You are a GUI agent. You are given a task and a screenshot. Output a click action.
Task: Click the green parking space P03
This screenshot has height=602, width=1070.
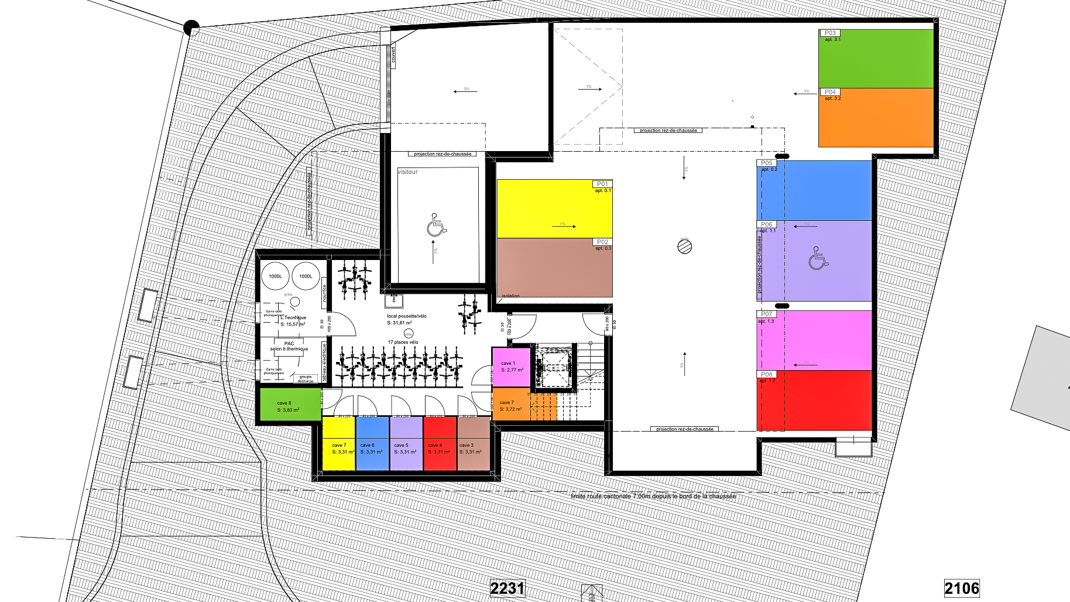tap(876, 59)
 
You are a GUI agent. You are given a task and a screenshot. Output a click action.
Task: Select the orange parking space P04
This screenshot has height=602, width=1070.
tap(876, 117)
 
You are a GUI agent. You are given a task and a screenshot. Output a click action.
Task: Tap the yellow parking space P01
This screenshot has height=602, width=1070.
tap(554, 209)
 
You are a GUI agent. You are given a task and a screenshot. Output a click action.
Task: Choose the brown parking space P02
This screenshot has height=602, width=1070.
tap(554, 268)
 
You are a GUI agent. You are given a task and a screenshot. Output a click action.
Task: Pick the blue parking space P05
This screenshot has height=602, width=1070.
tap(815, 191)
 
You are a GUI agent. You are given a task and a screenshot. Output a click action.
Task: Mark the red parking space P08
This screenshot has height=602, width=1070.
tap(815, 401)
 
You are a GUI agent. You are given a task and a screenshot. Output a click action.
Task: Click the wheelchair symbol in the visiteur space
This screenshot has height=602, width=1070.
tap(436, 225)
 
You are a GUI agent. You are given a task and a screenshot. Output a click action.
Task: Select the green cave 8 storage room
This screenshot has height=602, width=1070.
tap(290, 404)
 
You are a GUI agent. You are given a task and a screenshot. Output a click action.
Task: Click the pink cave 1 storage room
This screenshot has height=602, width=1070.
tap(512, 367)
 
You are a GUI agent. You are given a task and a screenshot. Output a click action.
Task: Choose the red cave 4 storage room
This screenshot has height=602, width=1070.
tap(440, 443)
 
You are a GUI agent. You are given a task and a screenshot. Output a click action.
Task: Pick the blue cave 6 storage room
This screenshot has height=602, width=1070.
tap(372, 443)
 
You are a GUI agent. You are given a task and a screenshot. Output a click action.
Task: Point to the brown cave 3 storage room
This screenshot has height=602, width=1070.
tap(473, 443)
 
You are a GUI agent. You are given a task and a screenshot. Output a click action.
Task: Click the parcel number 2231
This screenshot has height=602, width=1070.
tap(507, 588)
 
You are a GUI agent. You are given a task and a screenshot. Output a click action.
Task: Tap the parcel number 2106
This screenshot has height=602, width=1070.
tap(961, 588)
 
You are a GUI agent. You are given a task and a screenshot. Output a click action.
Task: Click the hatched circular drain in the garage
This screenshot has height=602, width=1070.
tap(684, 247)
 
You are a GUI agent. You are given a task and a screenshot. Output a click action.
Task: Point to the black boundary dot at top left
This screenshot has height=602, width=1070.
tap(191, 28)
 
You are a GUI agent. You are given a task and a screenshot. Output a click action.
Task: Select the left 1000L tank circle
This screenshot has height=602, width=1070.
tap(275, 276)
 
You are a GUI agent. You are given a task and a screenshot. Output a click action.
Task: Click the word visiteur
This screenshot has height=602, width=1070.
tap(408, 172)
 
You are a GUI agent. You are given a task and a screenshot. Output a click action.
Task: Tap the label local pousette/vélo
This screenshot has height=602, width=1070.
tap(406, 316)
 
